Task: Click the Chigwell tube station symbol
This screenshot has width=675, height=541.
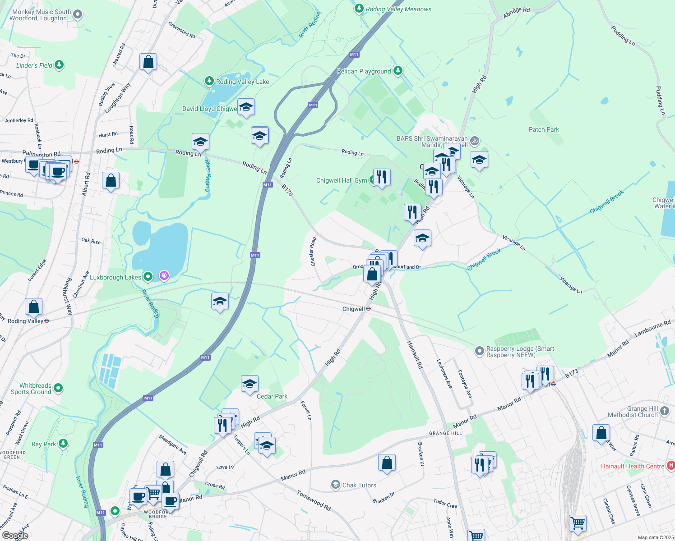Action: [x=369, y=309]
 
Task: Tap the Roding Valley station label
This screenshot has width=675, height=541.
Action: [x=26, y=321]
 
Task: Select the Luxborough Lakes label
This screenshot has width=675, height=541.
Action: [x=116, y=277]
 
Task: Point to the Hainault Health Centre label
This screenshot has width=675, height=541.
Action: [x=632, y=466]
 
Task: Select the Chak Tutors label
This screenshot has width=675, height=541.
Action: [x=359, y=485]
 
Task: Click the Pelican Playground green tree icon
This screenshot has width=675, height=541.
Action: [x=398, y=70]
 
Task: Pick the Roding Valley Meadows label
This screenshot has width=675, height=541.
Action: [x=398, y=9]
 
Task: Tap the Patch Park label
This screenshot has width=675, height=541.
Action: [x=544, y=129]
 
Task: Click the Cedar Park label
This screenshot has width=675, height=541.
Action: [x=272, y=396]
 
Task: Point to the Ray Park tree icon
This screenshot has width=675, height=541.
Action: [x=63, y=444]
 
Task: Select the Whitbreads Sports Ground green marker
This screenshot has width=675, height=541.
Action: [x=58, y=388]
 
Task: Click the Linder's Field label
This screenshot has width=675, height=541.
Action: [x=34, y=65]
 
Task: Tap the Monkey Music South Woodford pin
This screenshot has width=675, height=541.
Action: [x=78, y=14]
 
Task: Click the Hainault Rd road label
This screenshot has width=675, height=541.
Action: [x=415, y=354]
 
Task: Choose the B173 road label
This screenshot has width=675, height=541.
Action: [x=572, y=374]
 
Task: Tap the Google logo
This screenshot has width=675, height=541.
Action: [x=15, y=535]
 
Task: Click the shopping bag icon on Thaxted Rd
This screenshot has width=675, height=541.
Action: [x=148, y=62]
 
